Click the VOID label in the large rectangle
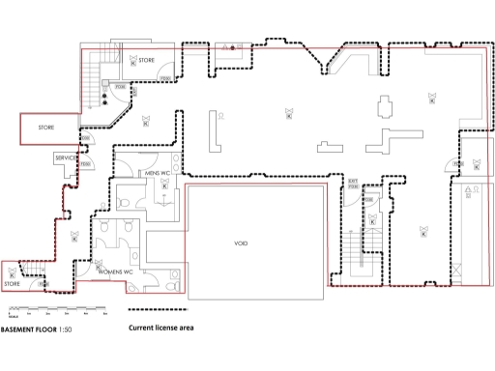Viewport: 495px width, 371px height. tap(241, 243)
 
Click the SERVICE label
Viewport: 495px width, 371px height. tap(66, 157)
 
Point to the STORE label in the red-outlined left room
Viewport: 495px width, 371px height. tap(46, 127)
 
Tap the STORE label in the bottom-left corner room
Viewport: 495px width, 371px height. tap(12, 284)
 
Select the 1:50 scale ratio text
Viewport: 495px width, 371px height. tap(65, 329)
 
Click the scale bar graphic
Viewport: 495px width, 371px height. tap(53, 311)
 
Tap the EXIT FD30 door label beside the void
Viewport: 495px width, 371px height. tap(354, 182)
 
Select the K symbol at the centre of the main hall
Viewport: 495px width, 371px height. tap(287, 115)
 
